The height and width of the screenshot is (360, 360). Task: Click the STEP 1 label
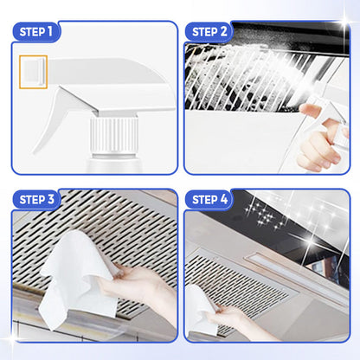pos(36,32)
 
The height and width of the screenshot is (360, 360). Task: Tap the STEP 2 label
pos(209,32)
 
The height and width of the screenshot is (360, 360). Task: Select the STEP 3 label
pos(36,200)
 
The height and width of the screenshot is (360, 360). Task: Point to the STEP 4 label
pos(209,200)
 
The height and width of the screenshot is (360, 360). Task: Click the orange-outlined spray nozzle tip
pos(33,72)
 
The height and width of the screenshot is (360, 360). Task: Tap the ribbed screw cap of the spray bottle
pos(113,134)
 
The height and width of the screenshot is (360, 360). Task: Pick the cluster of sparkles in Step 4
pos(263,215)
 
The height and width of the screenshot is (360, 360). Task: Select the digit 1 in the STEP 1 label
pos(50,32)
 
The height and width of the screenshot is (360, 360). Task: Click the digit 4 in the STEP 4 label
pos(224,200)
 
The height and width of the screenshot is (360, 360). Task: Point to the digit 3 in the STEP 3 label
pos(51,200)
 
